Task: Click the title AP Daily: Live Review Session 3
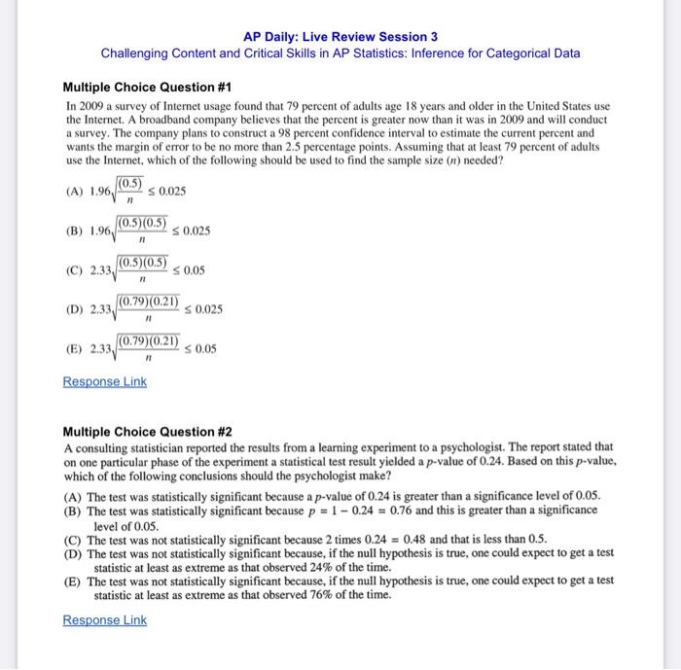click(x=340, y=36)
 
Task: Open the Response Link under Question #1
click(x=104, y=382)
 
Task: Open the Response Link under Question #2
click(x=104, y=620)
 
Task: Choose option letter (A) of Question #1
click(x=73, y=192)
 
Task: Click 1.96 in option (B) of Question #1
click(x=100, y=231)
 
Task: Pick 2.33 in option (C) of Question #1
click(x=100, y=270)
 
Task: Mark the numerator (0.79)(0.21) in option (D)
click(x=148, y=301)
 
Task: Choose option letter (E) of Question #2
click(x=72, y=580)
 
